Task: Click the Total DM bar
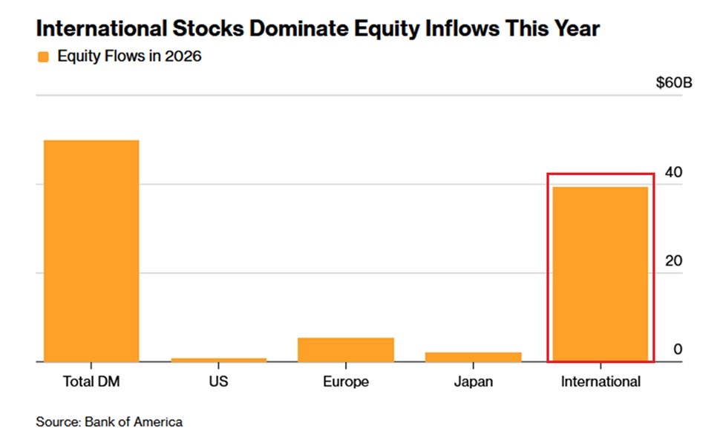(91, 251)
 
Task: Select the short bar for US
(218, 359)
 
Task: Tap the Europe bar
(346, 349)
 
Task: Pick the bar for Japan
(473, 357)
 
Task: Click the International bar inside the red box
(600, 274)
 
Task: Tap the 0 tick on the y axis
(677, 349)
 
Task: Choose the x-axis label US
(218, 383)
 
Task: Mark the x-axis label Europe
(346, 383)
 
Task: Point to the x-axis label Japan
(473, 383)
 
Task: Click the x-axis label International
(600, 383)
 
